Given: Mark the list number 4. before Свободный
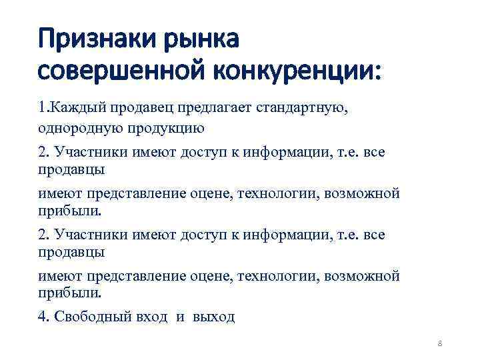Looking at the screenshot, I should [43, 317].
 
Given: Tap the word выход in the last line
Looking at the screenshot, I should [213, 317].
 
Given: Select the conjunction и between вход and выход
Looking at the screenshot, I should [180, 317].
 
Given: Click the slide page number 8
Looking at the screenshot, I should [440, 343].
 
